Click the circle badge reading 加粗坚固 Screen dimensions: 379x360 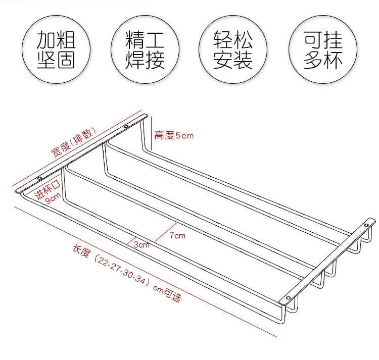(x=56, y=50)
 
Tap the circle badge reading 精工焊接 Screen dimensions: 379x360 (x=145, y=50)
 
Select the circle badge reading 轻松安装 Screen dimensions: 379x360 (x=233, y=50)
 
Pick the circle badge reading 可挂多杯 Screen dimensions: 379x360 (x=323, y=50)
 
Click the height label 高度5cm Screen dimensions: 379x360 (x=174, y=135)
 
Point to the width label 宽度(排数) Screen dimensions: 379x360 (x=73, y=142)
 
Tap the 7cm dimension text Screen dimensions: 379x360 (x=177, y=235)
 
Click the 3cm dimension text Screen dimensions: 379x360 (x=141, y=245)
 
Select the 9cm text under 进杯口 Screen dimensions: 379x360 (x=53, y=198)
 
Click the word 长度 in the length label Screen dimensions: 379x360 (x=82, y=251)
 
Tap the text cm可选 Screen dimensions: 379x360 (x=167, y=293)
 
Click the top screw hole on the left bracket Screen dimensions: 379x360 (x=126, y=127)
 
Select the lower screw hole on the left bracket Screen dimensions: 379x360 (x=39, y=178)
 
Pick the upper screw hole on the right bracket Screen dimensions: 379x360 (x=366, y=225)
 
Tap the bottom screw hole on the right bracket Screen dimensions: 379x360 (x=289, y=297)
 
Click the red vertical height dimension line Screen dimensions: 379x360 (x=151, y=133)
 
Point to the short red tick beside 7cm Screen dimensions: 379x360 (x=166, y=232)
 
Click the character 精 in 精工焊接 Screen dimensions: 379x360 (x=134, y=39)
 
